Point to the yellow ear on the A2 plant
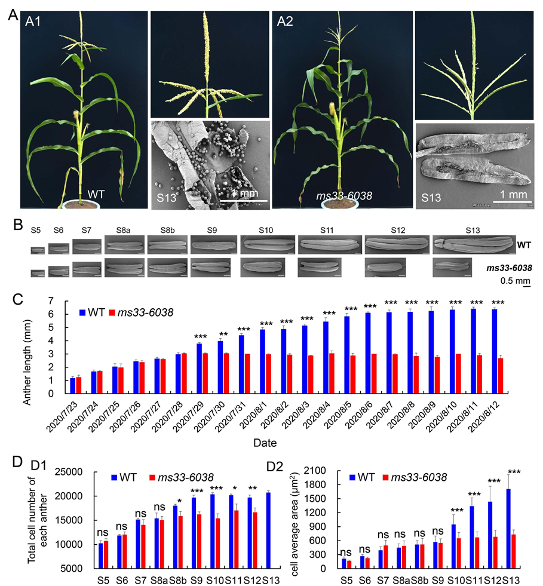tap(332, 109)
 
